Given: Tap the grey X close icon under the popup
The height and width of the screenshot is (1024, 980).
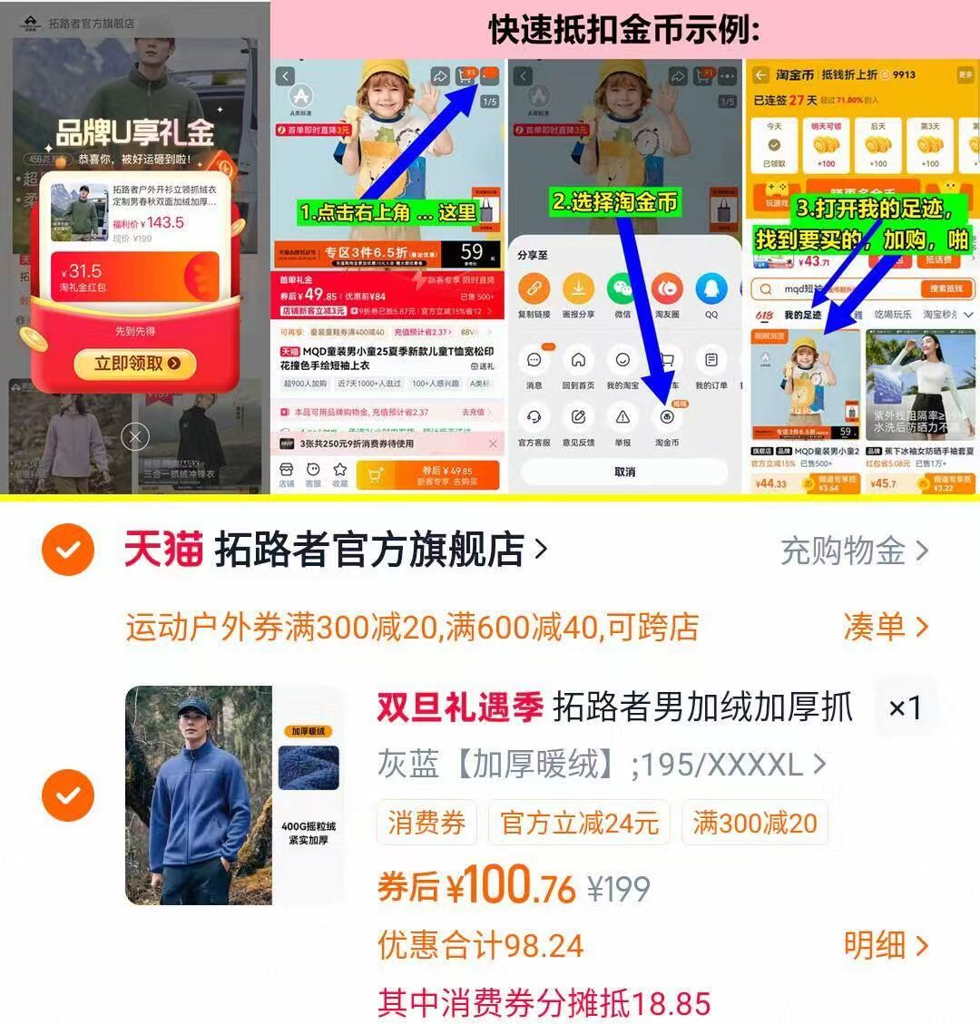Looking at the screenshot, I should point(135,438).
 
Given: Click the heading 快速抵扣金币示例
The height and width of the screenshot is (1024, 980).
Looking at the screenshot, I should point(624,29).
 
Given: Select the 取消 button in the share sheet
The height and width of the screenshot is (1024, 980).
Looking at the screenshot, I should point(624,472).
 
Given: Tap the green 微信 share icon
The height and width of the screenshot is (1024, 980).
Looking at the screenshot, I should point(622,289).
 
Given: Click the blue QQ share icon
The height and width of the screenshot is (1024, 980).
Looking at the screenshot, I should point(710,289).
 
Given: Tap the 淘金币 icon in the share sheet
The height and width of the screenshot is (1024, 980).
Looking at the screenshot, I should point(667,417).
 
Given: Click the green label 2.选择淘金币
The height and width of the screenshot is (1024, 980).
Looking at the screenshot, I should point(615,201).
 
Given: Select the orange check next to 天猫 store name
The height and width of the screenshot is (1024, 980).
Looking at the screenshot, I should point(68,550).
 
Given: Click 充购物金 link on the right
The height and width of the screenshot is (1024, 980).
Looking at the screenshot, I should point(853,551).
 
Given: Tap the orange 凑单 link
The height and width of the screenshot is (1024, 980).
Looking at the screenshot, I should point(885,626).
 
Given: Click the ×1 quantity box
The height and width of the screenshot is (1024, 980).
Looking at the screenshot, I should point(904,707).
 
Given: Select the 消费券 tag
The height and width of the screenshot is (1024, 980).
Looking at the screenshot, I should point(426,823).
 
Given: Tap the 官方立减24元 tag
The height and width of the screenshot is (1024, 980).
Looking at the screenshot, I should point(579,823).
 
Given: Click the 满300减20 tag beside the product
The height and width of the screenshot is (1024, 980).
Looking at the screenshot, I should point(755,823).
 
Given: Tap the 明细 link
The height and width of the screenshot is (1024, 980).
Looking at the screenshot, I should point(885,945).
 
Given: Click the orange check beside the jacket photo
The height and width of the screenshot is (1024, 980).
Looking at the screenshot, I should point(68,795).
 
